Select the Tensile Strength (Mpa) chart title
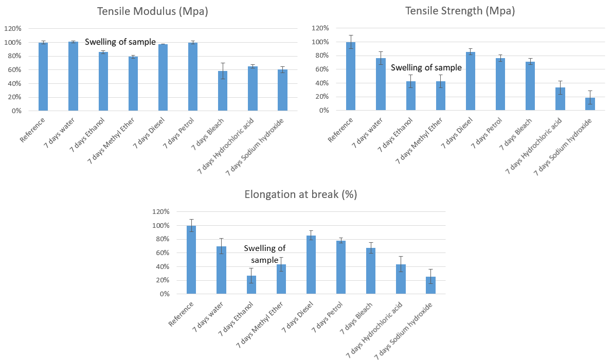(460, 11)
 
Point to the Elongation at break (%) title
(301, 194)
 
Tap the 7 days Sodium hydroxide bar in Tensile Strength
(590, 104)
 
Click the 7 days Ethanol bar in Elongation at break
(251, 285)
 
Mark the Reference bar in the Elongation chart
(191, 260)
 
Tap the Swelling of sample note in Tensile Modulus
(120, 42)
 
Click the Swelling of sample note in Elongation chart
(264, 254)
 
